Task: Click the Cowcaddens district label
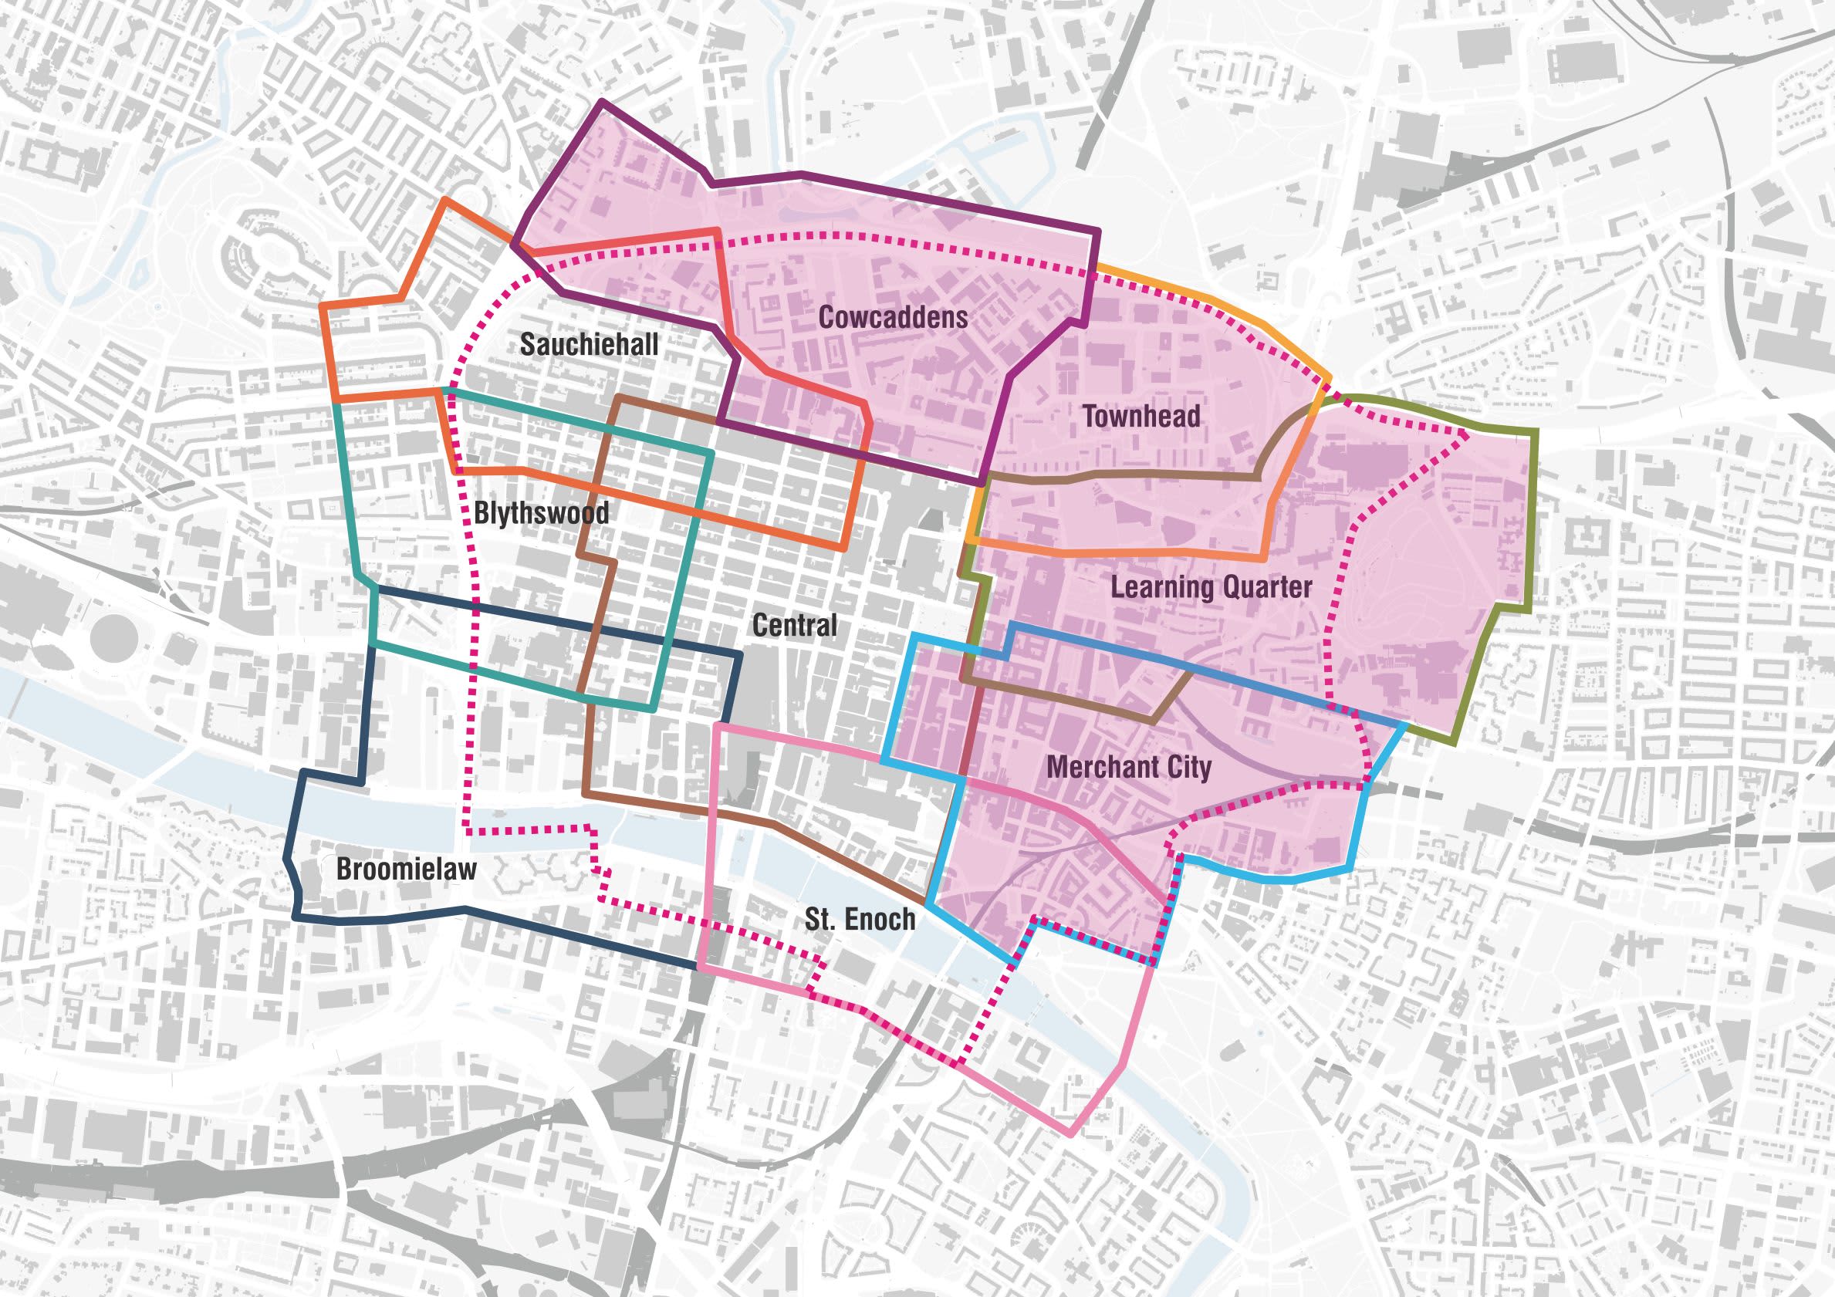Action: tap(893, 318)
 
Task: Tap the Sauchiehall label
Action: tap(589, 344)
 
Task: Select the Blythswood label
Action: tap(541, 513)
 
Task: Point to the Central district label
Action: tap(795, 625)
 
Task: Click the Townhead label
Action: tap(1141, 417)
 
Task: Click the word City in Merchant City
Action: tap(1189, 768)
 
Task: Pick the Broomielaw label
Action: tap(406, 870)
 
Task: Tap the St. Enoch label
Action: tap(859, 919)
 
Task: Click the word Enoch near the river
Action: tap(878, 919)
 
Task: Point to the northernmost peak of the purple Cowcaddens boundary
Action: tap(603, 103)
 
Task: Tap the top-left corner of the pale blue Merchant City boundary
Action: tap(914, 636)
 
